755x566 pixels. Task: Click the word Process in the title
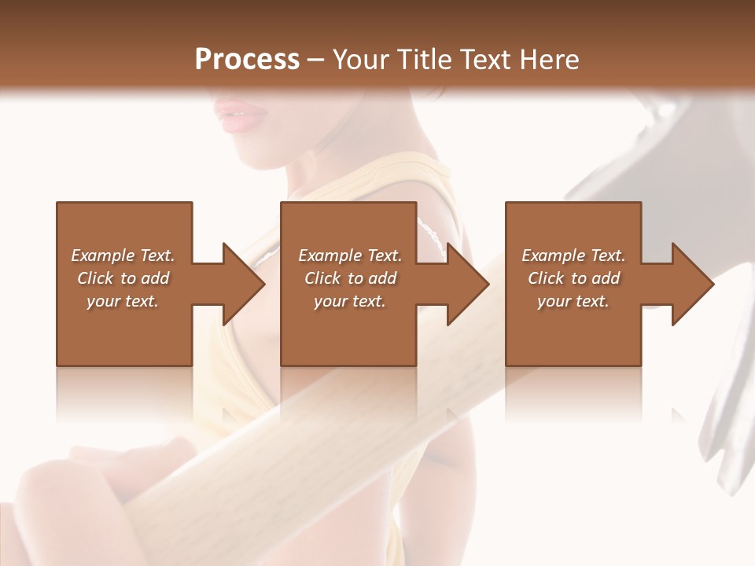pyautogui.click(x=247, y=59)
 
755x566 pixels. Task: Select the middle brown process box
pyautogui.click(x=348, y=330)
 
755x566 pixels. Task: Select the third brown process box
pyautogui.click(x=573, y=330)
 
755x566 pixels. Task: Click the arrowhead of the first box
pyautogui.click(x=243, y=284)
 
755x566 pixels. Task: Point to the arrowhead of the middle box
pyautogui.click(x=467, y=284)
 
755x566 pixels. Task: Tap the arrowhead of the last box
pyautogui.click(x=692, y=284)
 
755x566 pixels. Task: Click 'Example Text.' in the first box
pyautogui.click(x=123, y=255)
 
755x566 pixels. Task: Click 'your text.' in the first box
pyautogui.click(x=123, y=301)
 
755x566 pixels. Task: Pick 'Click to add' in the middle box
pyautogui.click(x=350, y=278)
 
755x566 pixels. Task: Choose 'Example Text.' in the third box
pyautogui.click(x=573, y=255)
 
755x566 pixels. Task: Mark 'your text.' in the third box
pyautogui.click(x=573, y=301)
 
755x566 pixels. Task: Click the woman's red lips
pyautogui.click(x=241, y=117)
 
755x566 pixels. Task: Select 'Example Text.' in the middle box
pyautogui.click(x=350, y=255)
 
